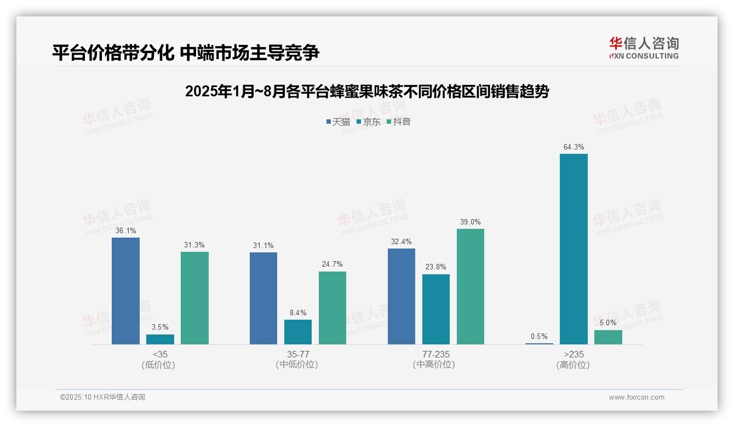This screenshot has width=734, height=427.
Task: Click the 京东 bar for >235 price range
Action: (x=574, y=249)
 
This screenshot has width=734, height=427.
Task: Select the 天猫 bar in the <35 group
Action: (x=125, y=291)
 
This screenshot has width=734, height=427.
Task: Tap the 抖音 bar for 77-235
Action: (x=471, y=286)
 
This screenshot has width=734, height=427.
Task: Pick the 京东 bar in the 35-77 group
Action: (x=298, y=332)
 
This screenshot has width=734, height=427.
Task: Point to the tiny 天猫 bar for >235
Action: (x=539, y=343)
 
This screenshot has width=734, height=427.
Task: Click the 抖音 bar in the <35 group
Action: (x=194, y=298)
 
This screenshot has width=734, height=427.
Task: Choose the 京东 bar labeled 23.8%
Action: (x=436, y=309)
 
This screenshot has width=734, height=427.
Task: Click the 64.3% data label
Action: (x=574, y=147)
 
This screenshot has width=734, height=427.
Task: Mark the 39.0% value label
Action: (x=471, y=222)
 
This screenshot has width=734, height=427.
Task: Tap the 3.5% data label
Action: (x=160, y=327)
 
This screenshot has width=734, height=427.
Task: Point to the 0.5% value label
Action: (x=539, y=337)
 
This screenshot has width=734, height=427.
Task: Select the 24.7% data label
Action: (x=332, y=264)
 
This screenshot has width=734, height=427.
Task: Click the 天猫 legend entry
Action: (x=338, y=122)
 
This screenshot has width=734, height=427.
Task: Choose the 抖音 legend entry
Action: (x=399, y=122)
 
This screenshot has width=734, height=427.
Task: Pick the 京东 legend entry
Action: (x=369, y=122)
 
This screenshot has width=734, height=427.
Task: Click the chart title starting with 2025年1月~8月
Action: (x=367, y=91)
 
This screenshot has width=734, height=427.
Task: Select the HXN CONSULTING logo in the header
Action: (x=644, y=48)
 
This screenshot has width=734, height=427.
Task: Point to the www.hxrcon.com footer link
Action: (x=636, y=397)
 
